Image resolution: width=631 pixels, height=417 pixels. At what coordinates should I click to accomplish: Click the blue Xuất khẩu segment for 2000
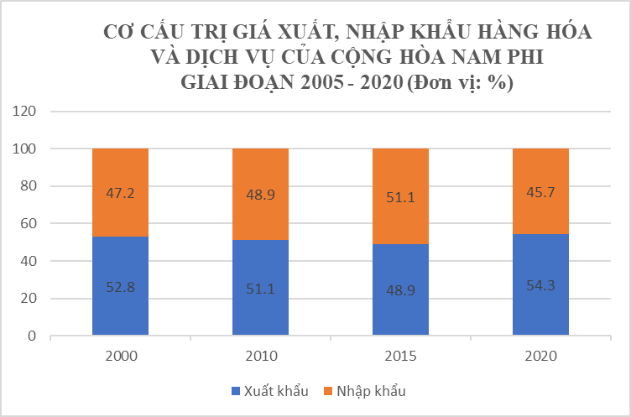click(x=120, y=286)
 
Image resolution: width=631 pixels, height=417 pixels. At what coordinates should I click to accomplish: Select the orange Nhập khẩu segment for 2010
click(x=260, y=194)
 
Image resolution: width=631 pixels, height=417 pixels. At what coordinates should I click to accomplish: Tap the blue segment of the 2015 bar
click(x=400, y=289)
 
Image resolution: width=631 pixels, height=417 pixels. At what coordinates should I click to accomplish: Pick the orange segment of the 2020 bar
click(x=540, y=191)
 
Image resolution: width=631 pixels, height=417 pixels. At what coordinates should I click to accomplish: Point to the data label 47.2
click(x=120, y=193)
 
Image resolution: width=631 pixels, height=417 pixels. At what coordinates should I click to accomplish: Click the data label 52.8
click(x=120, y=286)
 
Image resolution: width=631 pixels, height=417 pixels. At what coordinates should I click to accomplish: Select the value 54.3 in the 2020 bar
click(x=540, y=286)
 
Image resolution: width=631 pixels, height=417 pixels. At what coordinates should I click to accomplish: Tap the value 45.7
click(x=540, y=192)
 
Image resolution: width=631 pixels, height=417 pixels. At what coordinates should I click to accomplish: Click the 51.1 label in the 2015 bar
click(x=400, y=198)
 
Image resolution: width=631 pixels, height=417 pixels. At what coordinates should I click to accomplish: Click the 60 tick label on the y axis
click(x=28, y=223)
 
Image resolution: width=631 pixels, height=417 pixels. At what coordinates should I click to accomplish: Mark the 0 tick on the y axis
click(x=32, y=336)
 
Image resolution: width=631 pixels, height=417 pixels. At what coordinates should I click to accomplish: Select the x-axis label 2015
click(x=400, y=356)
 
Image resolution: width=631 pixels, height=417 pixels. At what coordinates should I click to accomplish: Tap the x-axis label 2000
click(x=120, y=356)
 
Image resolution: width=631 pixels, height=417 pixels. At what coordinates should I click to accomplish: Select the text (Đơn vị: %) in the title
click(x=458, y=84)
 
